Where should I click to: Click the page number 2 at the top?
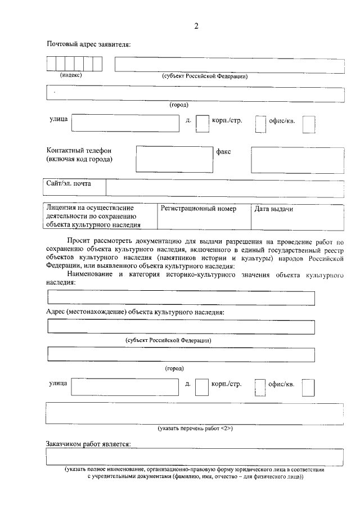pos(196,26)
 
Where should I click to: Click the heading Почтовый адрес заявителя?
pos(88,44)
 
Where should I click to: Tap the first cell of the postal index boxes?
pos(51,65)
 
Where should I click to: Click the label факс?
pos(224,151)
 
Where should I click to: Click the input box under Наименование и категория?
pos(181,298)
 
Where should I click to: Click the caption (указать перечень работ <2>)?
pos(195,429)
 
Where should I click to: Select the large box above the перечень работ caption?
pos(195,413)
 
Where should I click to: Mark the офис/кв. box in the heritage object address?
pos(308,387)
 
